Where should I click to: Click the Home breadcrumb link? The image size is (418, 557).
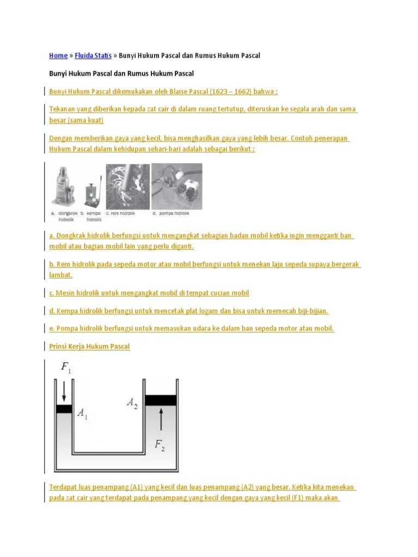coord(58,55)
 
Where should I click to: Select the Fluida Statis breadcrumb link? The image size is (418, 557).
coord(93,55)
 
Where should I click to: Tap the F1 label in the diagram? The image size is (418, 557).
coord(66,368)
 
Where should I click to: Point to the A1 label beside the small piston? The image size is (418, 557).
coord(82,413)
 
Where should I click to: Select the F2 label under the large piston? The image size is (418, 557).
coord(159,445)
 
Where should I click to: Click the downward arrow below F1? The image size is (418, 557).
coord(64,390)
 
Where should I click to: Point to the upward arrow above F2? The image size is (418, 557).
coord(161,420)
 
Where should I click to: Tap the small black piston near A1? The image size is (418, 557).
coord(64,409)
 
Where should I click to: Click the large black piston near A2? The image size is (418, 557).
coord(161,400)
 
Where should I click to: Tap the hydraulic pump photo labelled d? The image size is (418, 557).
coord(176,185)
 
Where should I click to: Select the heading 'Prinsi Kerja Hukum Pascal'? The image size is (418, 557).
coord(89,346)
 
